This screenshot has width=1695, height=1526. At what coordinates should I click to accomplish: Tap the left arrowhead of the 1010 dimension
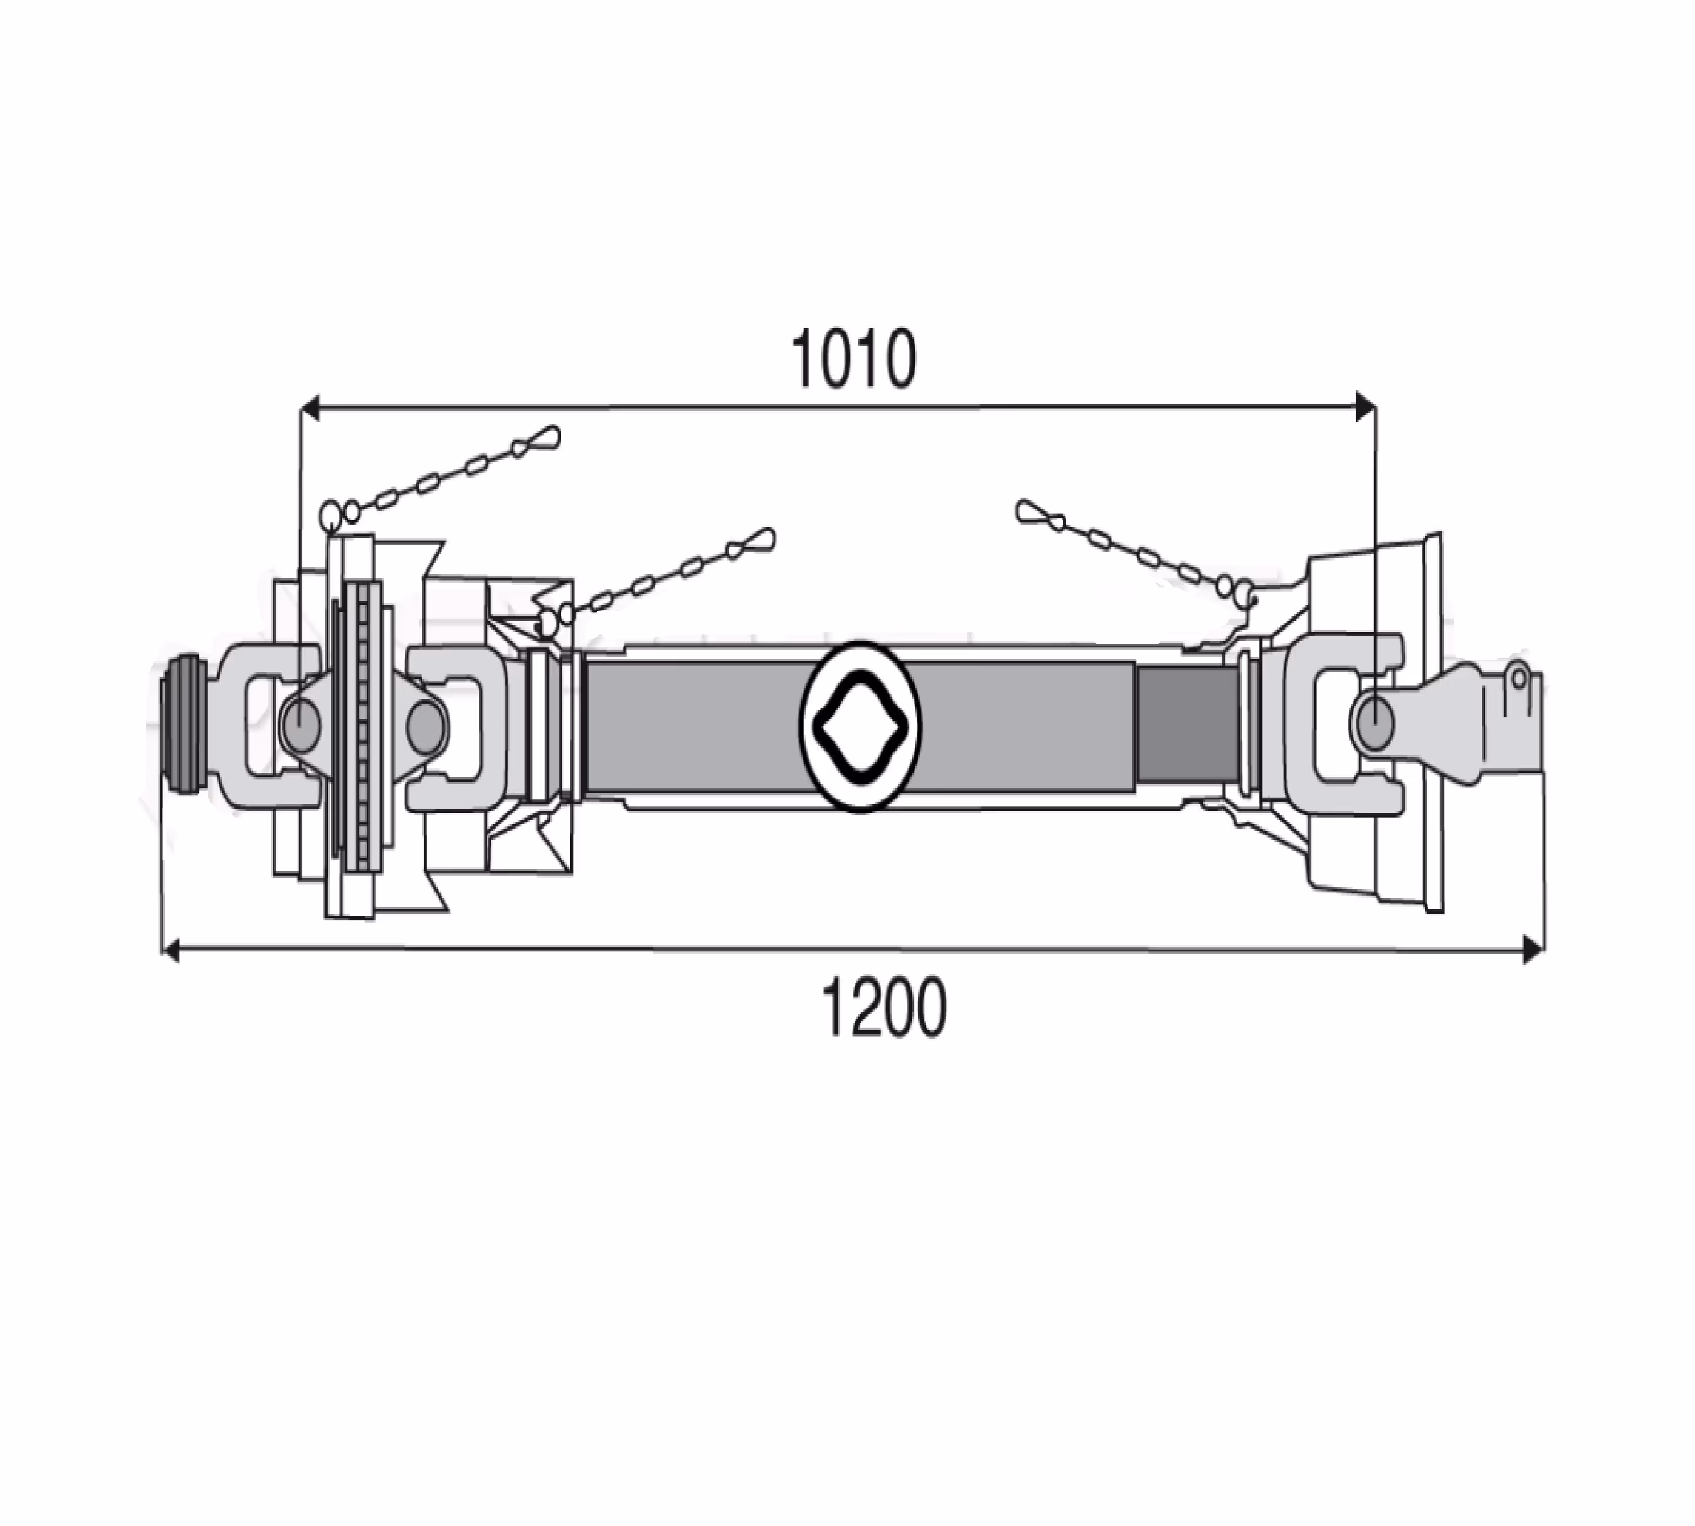pos(310,408)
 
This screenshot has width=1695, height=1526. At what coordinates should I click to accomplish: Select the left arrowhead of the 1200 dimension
pos(170,950)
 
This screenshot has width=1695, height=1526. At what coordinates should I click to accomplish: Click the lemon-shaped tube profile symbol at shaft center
pos(859,726)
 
